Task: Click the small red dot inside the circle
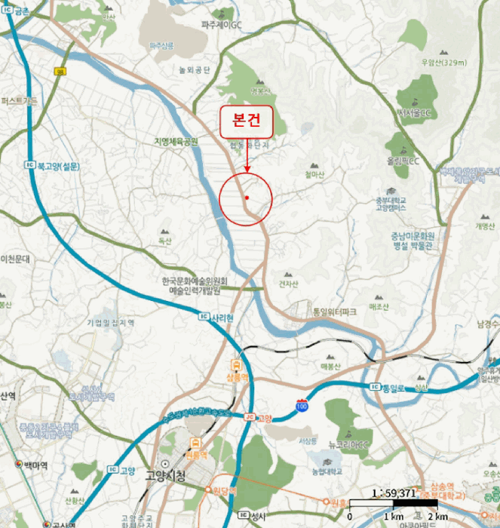coord(247,198)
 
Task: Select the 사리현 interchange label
coord(224,318)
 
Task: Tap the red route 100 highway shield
coord(302,406)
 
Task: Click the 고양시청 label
coord(167,465)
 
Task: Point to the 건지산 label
coord(289,284)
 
